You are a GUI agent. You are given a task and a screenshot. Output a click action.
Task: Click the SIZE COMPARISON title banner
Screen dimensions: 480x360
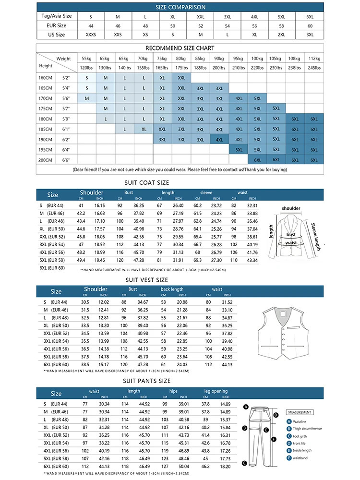[180, 7]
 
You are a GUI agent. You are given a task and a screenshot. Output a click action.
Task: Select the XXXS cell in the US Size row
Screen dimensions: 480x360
[91, 35]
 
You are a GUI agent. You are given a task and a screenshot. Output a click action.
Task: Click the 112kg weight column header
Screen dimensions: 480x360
[314, 59]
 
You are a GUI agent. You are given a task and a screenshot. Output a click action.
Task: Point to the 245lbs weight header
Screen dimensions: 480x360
[314, 68]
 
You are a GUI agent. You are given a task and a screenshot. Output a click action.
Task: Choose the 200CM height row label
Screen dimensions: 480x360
[47, 160]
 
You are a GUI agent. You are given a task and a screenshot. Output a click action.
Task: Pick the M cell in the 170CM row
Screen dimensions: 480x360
[87, 98]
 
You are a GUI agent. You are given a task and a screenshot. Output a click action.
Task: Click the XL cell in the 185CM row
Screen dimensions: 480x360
[144, 129]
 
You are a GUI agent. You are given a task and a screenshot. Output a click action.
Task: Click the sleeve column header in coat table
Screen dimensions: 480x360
[206, 193]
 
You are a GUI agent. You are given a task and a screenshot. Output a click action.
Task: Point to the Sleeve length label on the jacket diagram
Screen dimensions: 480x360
[315, 237]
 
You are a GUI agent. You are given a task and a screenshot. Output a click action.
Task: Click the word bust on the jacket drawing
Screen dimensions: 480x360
[291, 235]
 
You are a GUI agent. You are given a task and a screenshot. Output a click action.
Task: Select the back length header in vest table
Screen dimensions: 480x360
[172, 289]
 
